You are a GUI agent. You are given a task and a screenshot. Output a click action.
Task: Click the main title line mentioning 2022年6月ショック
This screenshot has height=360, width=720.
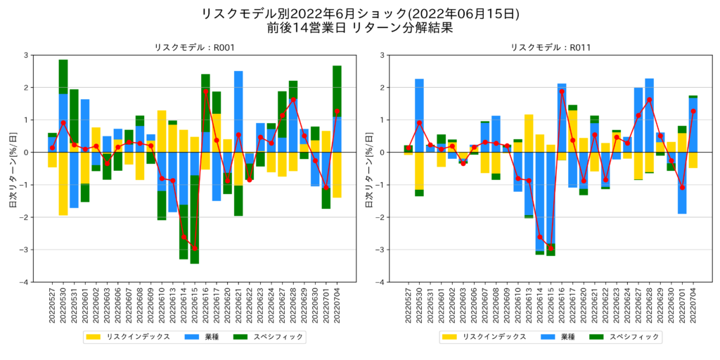click(360, 14)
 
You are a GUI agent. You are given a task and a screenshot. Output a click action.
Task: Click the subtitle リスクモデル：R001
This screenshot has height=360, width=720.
click(194, 47)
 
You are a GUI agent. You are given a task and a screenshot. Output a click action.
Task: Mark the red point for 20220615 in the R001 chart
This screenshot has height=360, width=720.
click(195, 248)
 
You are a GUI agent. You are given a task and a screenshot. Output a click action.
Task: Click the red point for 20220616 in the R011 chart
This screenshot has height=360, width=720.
click(562, 91)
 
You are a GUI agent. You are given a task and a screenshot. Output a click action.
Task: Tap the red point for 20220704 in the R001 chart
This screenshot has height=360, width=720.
click(337, 111)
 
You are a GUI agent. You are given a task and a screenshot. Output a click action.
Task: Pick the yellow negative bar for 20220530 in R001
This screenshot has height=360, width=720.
click(63, 184)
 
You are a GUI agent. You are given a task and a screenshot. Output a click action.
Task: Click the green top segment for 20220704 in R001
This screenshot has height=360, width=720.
click(337, 90)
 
